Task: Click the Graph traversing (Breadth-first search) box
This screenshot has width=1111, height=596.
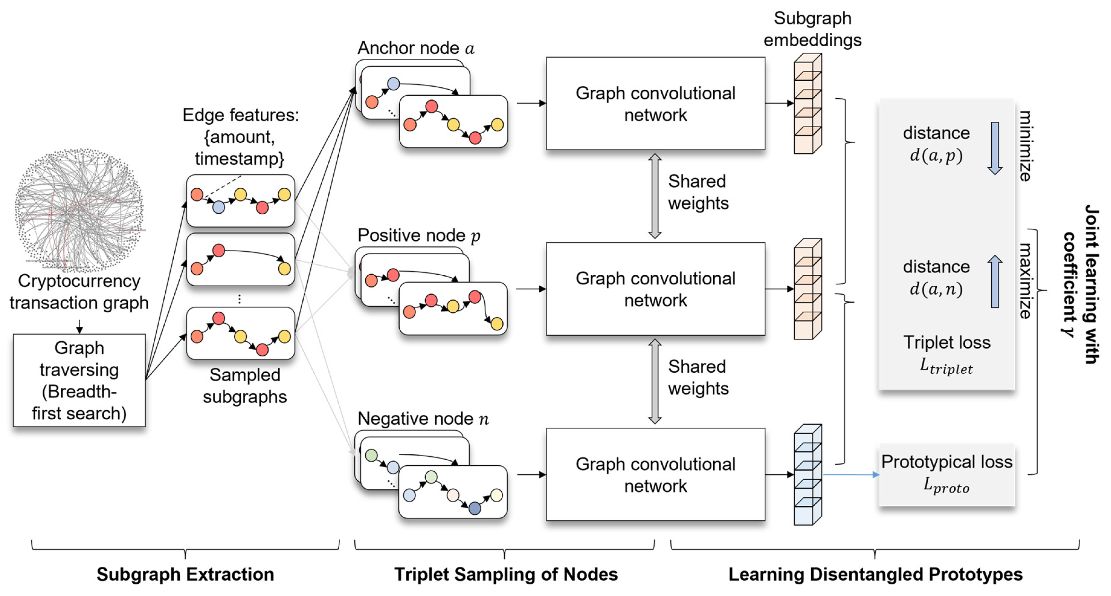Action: click(x=79, y=380)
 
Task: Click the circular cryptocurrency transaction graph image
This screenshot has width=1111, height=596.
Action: click(x=79, y=210)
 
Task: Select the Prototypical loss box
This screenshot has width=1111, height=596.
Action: click(x=947, y=474)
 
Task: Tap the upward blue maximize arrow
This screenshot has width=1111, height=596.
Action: click(x=994, y=281)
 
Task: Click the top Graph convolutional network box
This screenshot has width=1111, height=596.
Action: click(x=655, y=103)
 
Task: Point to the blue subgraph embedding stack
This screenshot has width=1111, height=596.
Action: click(x=807, y=475)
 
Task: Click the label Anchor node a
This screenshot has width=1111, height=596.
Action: click(x=415, y=48)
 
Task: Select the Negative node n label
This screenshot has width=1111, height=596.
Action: click(x=423, y=418)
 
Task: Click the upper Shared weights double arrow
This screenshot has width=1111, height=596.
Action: click(x=655, y=196)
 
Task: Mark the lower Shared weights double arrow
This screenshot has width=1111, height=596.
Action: click(x=655, y=381)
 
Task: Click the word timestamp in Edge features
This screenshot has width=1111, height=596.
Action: click(x=239, y=158)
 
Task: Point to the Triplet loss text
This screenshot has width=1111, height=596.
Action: click(x=947, y=342)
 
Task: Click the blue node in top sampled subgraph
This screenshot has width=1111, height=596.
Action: click(x=219, y=207)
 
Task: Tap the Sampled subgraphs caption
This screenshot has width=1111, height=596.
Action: click(x=245, y=386)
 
